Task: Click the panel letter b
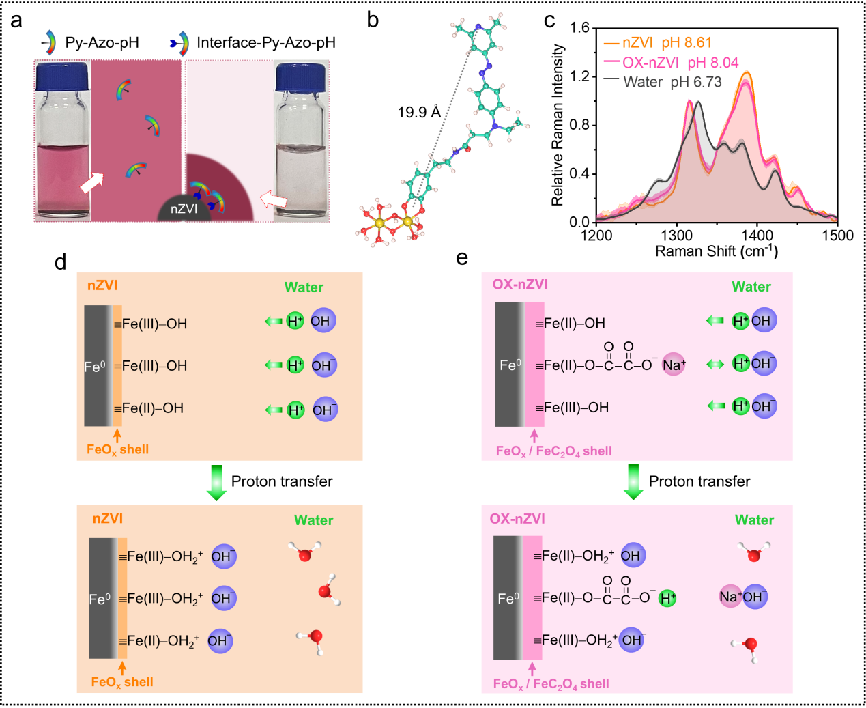373,20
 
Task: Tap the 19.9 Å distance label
419,112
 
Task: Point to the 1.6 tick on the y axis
580,28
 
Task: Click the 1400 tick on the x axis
757,236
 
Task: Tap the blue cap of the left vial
62,76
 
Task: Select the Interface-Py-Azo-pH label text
266,43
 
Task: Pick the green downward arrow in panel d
216,482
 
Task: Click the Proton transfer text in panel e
699,481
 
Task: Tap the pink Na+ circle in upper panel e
674,365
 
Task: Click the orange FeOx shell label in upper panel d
117,449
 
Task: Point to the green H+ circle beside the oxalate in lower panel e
667,599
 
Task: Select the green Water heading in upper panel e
751,287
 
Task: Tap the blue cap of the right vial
300,76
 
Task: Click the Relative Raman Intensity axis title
558,125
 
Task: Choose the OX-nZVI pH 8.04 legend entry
680,63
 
